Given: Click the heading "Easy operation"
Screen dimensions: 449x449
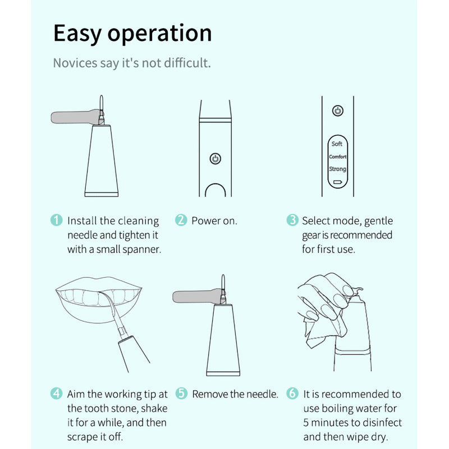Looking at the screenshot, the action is (132, 34).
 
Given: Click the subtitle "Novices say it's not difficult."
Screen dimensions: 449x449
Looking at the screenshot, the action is (132, 63).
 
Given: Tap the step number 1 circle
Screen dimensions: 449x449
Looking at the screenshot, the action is (57, 220).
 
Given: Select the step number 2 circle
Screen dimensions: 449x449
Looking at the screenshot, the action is (181, 220).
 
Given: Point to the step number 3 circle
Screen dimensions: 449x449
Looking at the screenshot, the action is (292, 220).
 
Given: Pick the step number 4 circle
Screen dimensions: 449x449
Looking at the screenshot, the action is (57, 393).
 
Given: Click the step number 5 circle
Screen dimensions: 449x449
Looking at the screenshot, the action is (181, 393).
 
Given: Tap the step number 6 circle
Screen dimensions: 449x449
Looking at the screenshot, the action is (292, 393).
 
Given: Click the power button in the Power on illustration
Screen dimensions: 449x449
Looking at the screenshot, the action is (216, 159).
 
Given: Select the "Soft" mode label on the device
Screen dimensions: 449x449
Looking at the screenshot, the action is (337, 144).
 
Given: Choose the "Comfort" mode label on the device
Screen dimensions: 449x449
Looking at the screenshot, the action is (338, 157).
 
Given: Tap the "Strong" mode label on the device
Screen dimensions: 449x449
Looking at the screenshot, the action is (338, 169).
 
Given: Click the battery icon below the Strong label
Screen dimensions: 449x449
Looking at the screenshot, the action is (338, 182).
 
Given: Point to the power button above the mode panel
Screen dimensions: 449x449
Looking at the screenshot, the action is (338, 111).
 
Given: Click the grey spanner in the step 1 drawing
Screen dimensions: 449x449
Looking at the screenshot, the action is (76, 117).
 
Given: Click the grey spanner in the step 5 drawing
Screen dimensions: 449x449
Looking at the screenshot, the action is (198, 296).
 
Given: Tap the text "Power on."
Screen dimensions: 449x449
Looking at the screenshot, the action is (214, 221).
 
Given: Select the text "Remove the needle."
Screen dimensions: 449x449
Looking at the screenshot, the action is (235, 395).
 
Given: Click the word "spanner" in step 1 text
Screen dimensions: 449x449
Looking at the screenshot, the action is (142, 250).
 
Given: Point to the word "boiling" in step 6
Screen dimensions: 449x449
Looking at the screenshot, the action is (338, 409).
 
